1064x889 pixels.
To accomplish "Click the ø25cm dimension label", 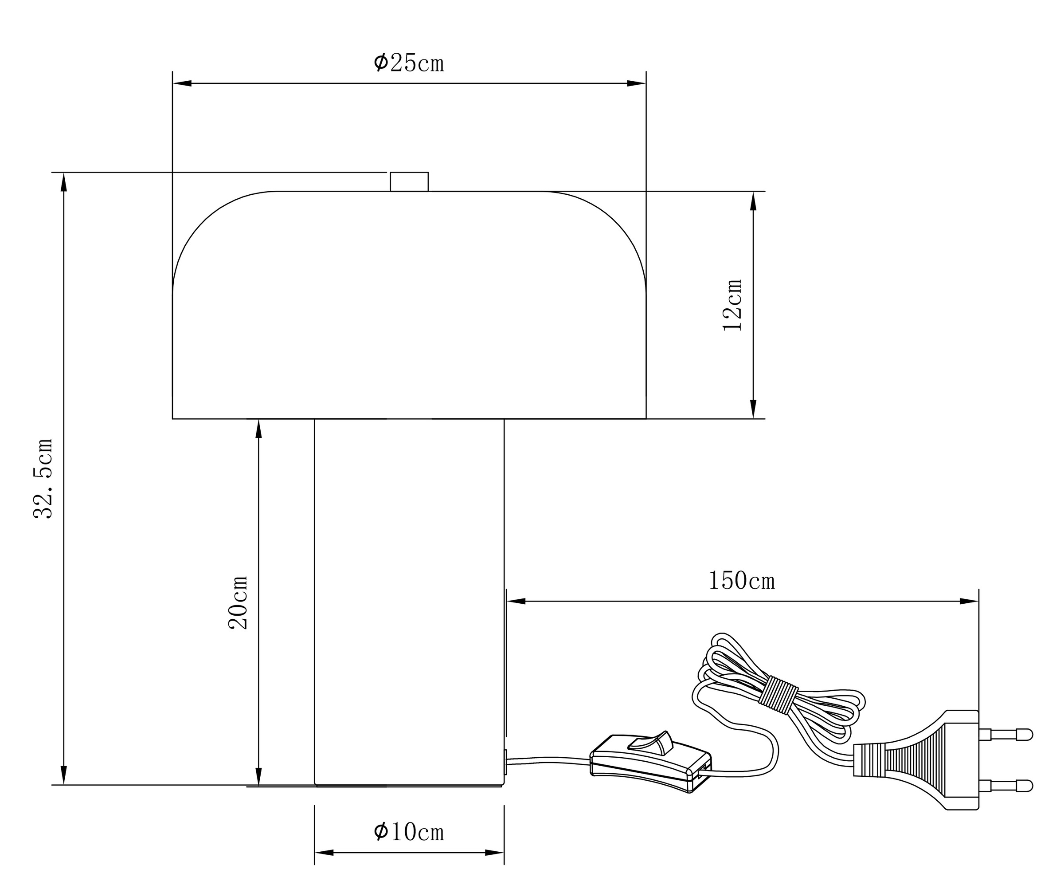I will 408,63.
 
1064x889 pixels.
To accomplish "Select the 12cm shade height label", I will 732,305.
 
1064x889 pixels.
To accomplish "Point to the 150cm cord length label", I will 741,581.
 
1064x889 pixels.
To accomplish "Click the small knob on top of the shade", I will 409,182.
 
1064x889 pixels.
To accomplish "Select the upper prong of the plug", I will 1006,734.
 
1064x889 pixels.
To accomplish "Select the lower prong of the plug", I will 1006,786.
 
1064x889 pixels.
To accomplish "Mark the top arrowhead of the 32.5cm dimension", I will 64,182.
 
